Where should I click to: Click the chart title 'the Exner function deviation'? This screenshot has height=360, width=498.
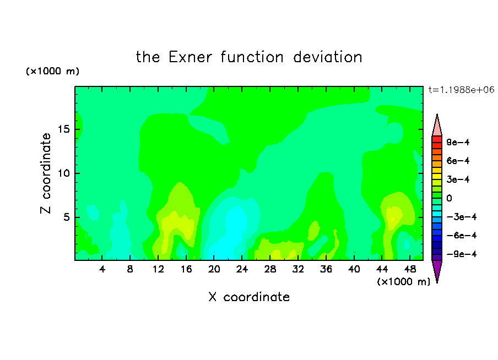point(249,57)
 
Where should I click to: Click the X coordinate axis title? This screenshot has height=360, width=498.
point(249,297)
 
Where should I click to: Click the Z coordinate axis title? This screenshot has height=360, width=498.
point(45,173)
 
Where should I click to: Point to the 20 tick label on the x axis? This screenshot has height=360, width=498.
point(214,270)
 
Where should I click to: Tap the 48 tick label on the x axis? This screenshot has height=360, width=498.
point(410,270)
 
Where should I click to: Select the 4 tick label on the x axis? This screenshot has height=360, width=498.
point(102,270)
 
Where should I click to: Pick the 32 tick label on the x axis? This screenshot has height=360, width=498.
point(298,270)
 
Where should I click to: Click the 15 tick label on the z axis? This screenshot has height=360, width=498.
point(63,129)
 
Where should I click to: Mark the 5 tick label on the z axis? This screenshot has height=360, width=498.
point(66,217)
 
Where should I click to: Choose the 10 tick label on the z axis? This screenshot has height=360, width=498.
point(63,173)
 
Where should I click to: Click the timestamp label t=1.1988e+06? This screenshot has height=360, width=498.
point(461,90)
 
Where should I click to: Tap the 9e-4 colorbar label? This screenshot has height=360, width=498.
point(458,142)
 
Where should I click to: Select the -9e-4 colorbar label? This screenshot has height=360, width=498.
point(462,254)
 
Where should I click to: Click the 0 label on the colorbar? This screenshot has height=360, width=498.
point(449,198)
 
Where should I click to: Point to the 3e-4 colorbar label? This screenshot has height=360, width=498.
point(458,179)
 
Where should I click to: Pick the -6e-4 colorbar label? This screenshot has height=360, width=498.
point(462,235)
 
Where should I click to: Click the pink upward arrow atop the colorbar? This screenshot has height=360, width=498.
point(437,127)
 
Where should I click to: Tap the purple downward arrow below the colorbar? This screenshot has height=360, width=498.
point(437,270)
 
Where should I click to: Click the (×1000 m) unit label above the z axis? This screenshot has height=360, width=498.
point(52,71)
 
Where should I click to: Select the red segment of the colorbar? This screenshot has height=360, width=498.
point(437,139)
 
